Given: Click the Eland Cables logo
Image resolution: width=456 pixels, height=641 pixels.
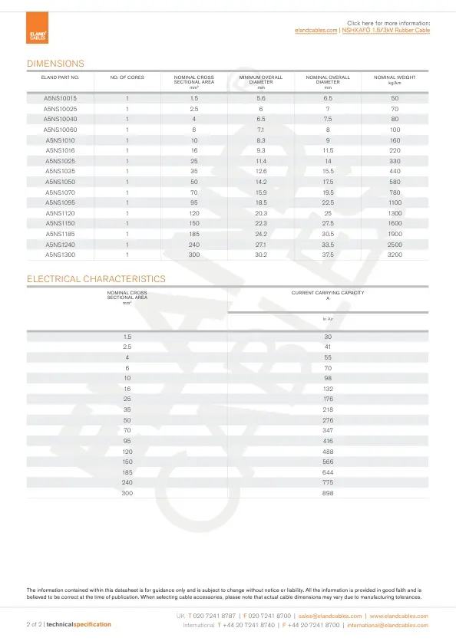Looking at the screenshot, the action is (x=38, y=35).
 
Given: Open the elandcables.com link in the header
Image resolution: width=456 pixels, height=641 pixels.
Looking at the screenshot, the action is (x=316, y=30).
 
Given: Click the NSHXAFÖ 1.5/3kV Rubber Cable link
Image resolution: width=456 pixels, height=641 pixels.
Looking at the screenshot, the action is (x=385, y=30).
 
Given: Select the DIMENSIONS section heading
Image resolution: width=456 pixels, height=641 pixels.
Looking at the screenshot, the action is (x=55, y=64).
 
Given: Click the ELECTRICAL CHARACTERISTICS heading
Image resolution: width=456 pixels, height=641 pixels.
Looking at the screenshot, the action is (x=96, y=279).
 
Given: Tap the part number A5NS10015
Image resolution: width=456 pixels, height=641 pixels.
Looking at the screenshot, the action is (x=60, y=98).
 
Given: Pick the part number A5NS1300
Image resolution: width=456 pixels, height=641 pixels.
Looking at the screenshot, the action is (x=60, y=254).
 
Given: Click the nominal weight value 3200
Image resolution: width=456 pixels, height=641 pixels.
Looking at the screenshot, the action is (x=395, y=254).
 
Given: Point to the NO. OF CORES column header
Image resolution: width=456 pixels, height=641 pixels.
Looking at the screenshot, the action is (x=127, y=77).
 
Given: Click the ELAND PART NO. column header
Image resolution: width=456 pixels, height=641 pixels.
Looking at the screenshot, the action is (x=60, y=77).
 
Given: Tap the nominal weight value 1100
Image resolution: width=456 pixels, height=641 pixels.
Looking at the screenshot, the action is (x=395, y=202).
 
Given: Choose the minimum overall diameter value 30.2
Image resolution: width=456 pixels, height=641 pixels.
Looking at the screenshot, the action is (x=261, y=254).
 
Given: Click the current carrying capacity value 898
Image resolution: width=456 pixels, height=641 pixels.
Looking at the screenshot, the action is (x=328, y=493).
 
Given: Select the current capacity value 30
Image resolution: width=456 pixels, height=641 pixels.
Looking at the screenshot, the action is (x=328, y=337).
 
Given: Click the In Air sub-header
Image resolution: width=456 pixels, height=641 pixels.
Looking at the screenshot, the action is (x=328, y=318).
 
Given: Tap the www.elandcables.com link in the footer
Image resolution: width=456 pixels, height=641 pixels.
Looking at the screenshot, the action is (x=398, y=616).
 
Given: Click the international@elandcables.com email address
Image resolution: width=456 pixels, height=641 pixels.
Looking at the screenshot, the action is (x=388, y=625).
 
